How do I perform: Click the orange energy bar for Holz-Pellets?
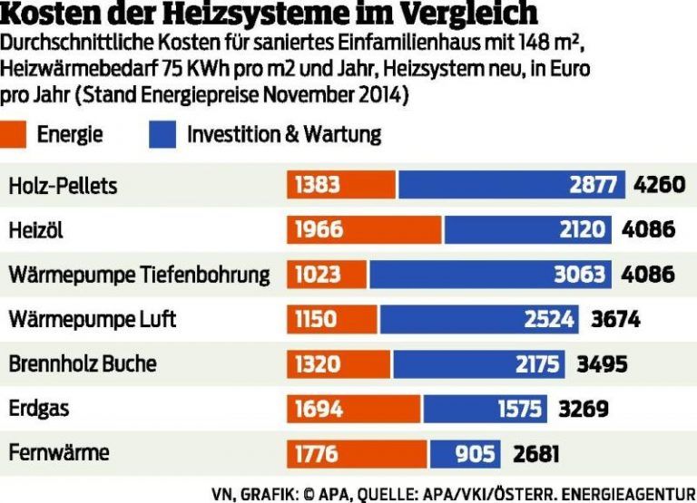[341, 186]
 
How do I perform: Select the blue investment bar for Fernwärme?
[463, 452]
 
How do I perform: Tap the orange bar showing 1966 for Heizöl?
[364, 230]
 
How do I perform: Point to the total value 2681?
[536, 452]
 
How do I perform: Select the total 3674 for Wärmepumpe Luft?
[615, 319]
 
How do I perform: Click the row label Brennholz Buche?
[83, 363]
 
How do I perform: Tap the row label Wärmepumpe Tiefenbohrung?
[140, 275]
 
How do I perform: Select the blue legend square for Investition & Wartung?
[160, 135]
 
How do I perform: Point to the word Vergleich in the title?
[462, 15]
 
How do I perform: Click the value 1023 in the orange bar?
[317, 275]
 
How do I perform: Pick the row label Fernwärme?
[58, 452]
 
